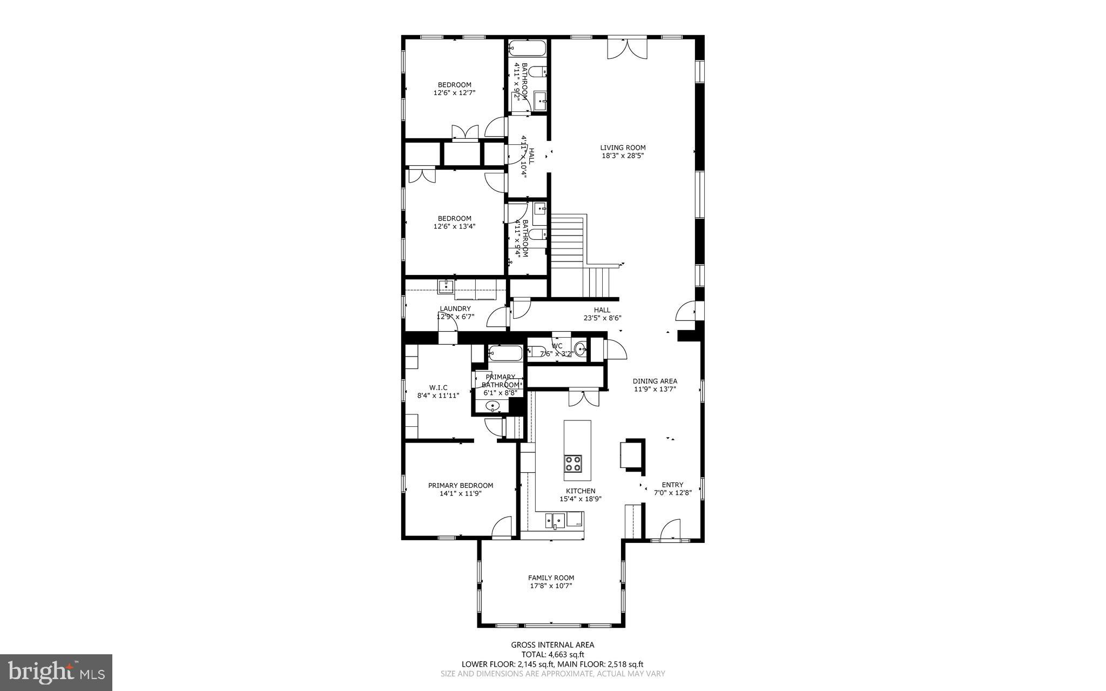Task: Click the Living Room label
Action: click(x=623, y=147)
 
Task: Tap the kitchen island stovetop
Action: click(x=573, y=463)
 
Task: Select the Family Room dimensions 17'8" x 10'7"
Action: click(x=551, y=586)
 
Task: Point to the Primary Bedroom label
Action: click(x=460, y=485)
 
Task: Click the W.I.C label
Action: click(x=438, y=387)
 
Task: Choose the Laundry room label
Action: click(x=455, y=308)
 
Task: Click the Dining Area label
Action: click(x=655, y=381)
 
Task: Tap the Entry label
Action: click(x=672, y=485)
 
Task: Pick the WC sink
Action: click(x=580, y=348)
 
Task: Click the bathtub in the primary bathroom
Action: click(x=505, y=354)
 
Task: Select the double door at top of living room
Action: click(x=626, y=48)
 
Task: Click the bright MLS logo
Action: click(x=56, y=672)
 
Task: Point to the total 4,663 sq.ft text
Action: click(x=552, y=655)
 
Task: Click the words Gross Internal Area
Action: click(x=552, y=645)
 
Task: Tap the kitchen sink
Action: click(x=555, y=521)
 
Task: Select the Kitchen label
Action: click(x=581, y=491)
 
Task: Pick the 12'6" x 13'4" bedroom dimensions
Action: click(x=454, y=226)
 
